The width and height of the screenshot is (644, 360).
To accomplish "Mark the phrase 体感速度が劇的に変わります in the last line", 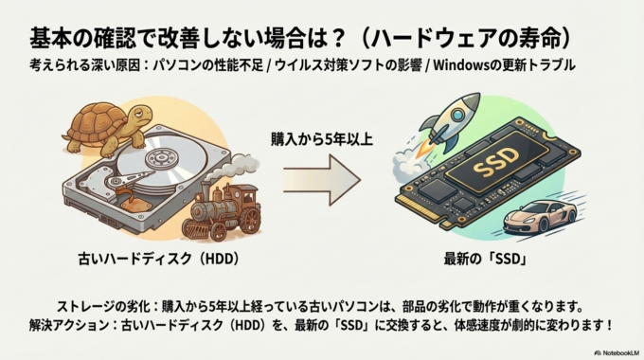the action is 512,325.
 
